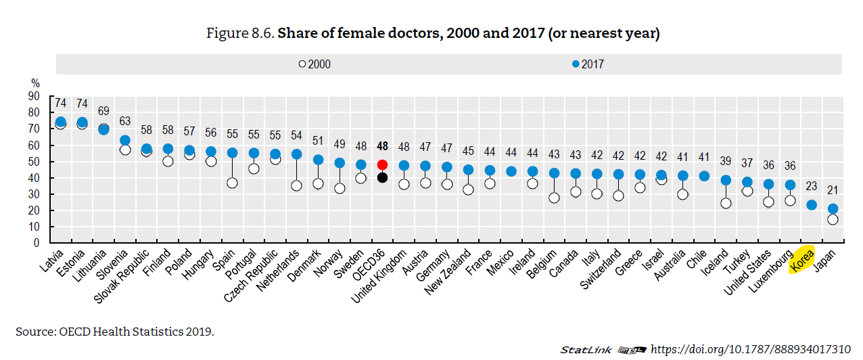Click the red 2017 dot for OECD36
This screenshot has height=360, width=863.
click(x=382, y=164)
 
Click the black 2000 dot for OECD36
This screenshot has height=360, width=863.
click(x=382, y=177)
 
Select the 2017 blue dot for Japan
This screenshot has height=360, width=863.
click(x=833, y=209)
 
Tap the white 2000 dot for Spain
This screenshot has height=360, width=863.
click(x=232, y=183)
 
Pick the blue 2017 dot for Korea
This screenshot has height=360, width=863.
click(x=812, y=205)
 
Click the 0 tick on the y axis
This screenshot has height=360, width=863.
click(x=37, y=243)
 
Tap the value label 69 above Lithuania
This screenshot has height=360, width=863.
click(x=103, y=111)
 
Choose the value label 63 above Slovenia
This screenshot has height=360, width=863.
click(x=124, y=121)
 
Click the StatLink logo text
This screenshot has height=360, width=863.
click(x=586, y=350)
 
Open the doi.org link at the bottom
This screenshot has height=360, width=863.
click(x=749, y=349)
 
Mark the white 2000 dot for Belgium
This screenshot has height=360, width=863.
click(x=554, y=198)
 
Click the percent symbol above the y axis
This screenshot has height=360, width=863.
click(x=35, y=83)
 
